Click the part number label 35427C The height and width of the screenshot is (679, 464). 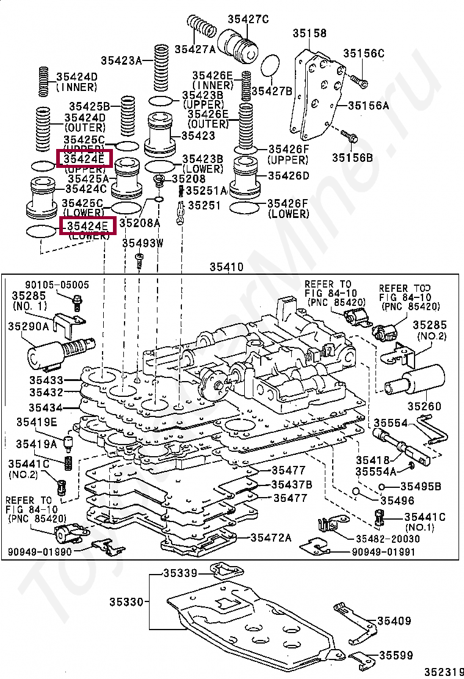(248, 19)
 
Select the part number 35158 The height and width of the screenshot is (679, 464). (309, 34)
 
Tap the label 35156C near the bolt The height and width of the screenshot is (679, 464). (363, 54)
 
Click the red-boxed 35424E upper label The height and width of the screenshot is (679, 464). (85, 159)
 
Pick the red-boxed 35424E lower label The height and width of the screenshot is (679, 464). (87, 226)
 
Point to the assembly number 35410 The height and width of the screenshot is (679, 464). (227, 267)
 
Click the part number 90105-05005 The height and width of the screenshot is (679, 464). (57, 285)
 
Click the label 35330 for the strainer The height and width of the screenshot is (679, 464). (126, 602)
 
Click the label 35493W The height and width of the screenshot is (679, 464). (143, 243)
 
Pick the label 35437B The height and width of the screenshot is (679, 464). (292, 484)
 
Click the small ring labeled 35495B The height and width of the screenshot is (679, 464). (382, 487)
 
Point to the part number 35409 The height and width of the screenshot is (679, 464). (394, 621)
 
